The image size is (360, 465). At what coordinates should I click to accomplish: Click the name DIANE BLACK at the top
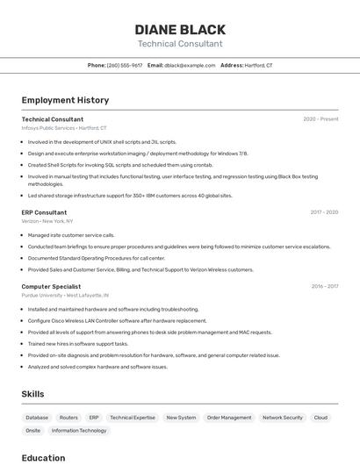180,29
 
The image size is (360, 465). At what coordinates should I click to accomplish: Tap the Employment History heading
65,100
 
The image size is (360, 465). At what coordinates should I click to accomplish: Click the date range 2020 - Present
320,118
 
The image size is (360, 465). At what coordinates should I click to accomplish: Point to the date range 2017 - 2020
324,212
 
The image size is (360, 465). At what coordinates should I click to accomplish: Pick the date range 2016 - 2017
324,286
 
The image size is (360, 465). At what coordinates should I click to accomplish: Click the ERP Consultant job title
44,212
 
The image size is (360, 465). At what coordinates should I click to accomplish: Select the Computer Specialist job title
51,286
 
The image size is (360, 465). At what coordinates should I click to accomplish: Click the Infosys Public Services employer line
64,127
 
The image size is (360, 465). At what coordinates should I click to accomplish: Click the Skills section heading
32,394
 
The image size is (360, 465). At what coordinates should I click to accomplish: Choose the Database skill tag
37,418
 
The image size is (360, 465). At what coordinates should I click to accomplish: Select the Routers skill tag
68,418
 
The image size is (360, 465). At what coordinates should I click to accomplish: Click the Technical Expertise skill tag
133,418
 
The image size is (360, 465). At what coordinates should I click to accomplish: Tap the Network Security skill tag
283,418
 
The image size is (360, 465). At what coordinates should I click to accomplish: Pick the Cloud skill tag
320,418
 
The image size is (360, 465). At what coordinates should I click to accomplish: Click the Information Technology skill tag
79,431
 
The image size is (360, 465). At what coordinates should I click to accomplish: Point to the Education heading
43,458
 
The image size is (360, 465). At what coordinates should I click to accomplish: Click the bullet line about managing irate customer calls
71,235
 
